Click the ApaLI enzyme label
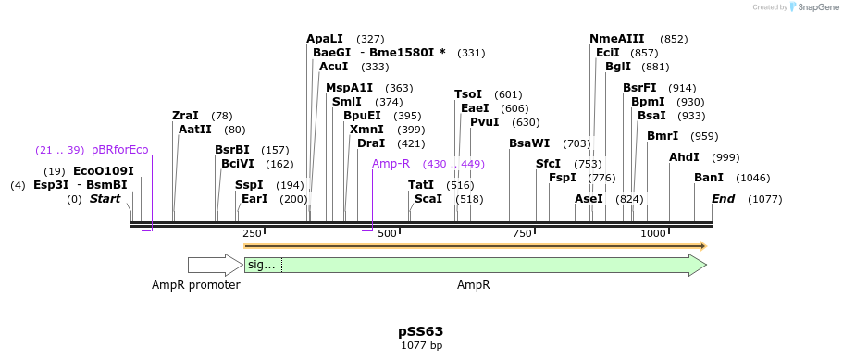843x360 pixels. (325, 39)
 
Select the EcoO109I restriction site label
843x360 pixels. (104, 171)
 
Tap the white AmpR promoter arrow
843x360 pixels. (214, 266)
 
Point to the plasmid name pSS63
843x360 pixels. (421, 331)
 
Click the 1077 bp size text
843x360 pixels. (421, 346)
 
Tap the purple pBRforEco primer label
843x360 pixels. (119, 150)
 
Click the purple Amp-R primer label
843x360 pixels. (391, 164)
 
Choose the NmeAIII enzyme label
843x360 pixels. (617, 39)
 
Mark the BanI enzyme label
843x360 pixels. (709, 178)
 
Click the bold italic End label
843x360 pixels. (724, 199)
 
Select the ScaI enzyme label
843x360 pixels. (428, 199)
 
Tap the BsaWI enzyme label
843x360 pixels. (529, 143)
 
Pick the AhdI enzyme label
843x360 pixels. (684, 157)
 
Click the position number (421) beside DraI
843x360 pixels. (411, 143)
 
